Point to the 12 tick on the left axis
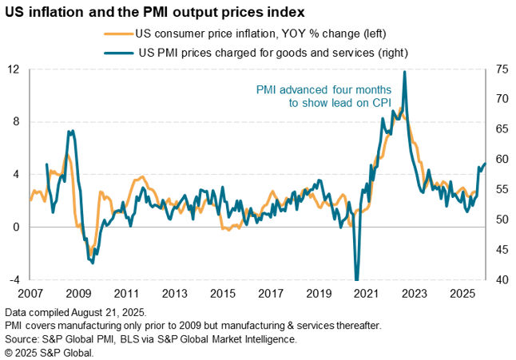point(14,69)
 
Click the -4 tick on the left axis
point(14,280)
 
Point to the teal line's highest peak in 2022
point(405,72)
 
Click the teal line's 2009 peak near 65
point(72,131)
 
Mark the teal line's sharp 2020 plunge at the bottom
point(356,279)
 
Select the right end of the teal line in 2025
point(485,164)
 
